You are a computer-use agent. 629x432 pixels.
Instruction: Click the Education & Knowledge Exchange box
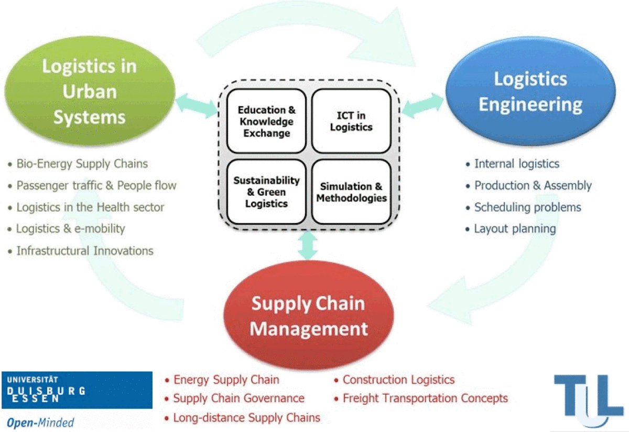pos(266,121)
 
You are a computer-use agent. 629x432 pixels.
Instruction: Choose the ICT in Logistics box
pos(351,121)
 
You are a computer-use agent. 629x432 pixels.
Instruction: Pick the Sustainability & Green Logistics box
pos(266,192)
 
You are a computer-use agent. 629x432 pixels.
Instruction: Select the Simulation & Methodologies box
pos(351,192)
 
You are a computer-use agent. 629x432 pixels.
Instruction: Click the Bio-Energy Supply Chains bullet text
pos(82,163)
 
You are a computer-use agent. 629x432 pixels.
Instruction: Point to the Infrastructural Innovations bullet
pos(84,250)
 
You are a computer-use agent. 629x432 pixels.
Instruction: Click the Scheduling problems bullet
pos(527,207)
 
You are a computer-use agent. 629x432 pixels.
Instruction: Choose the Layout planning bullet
pos(515,229)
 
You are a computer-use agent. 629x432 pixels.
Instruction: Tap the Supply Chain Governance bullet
pos(238,398)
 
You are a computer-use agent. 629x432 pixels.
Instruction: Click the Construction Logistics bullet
pos(398,380)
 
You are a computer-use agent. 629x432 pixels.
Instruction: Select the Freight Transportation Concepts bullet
pos(425,398)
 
